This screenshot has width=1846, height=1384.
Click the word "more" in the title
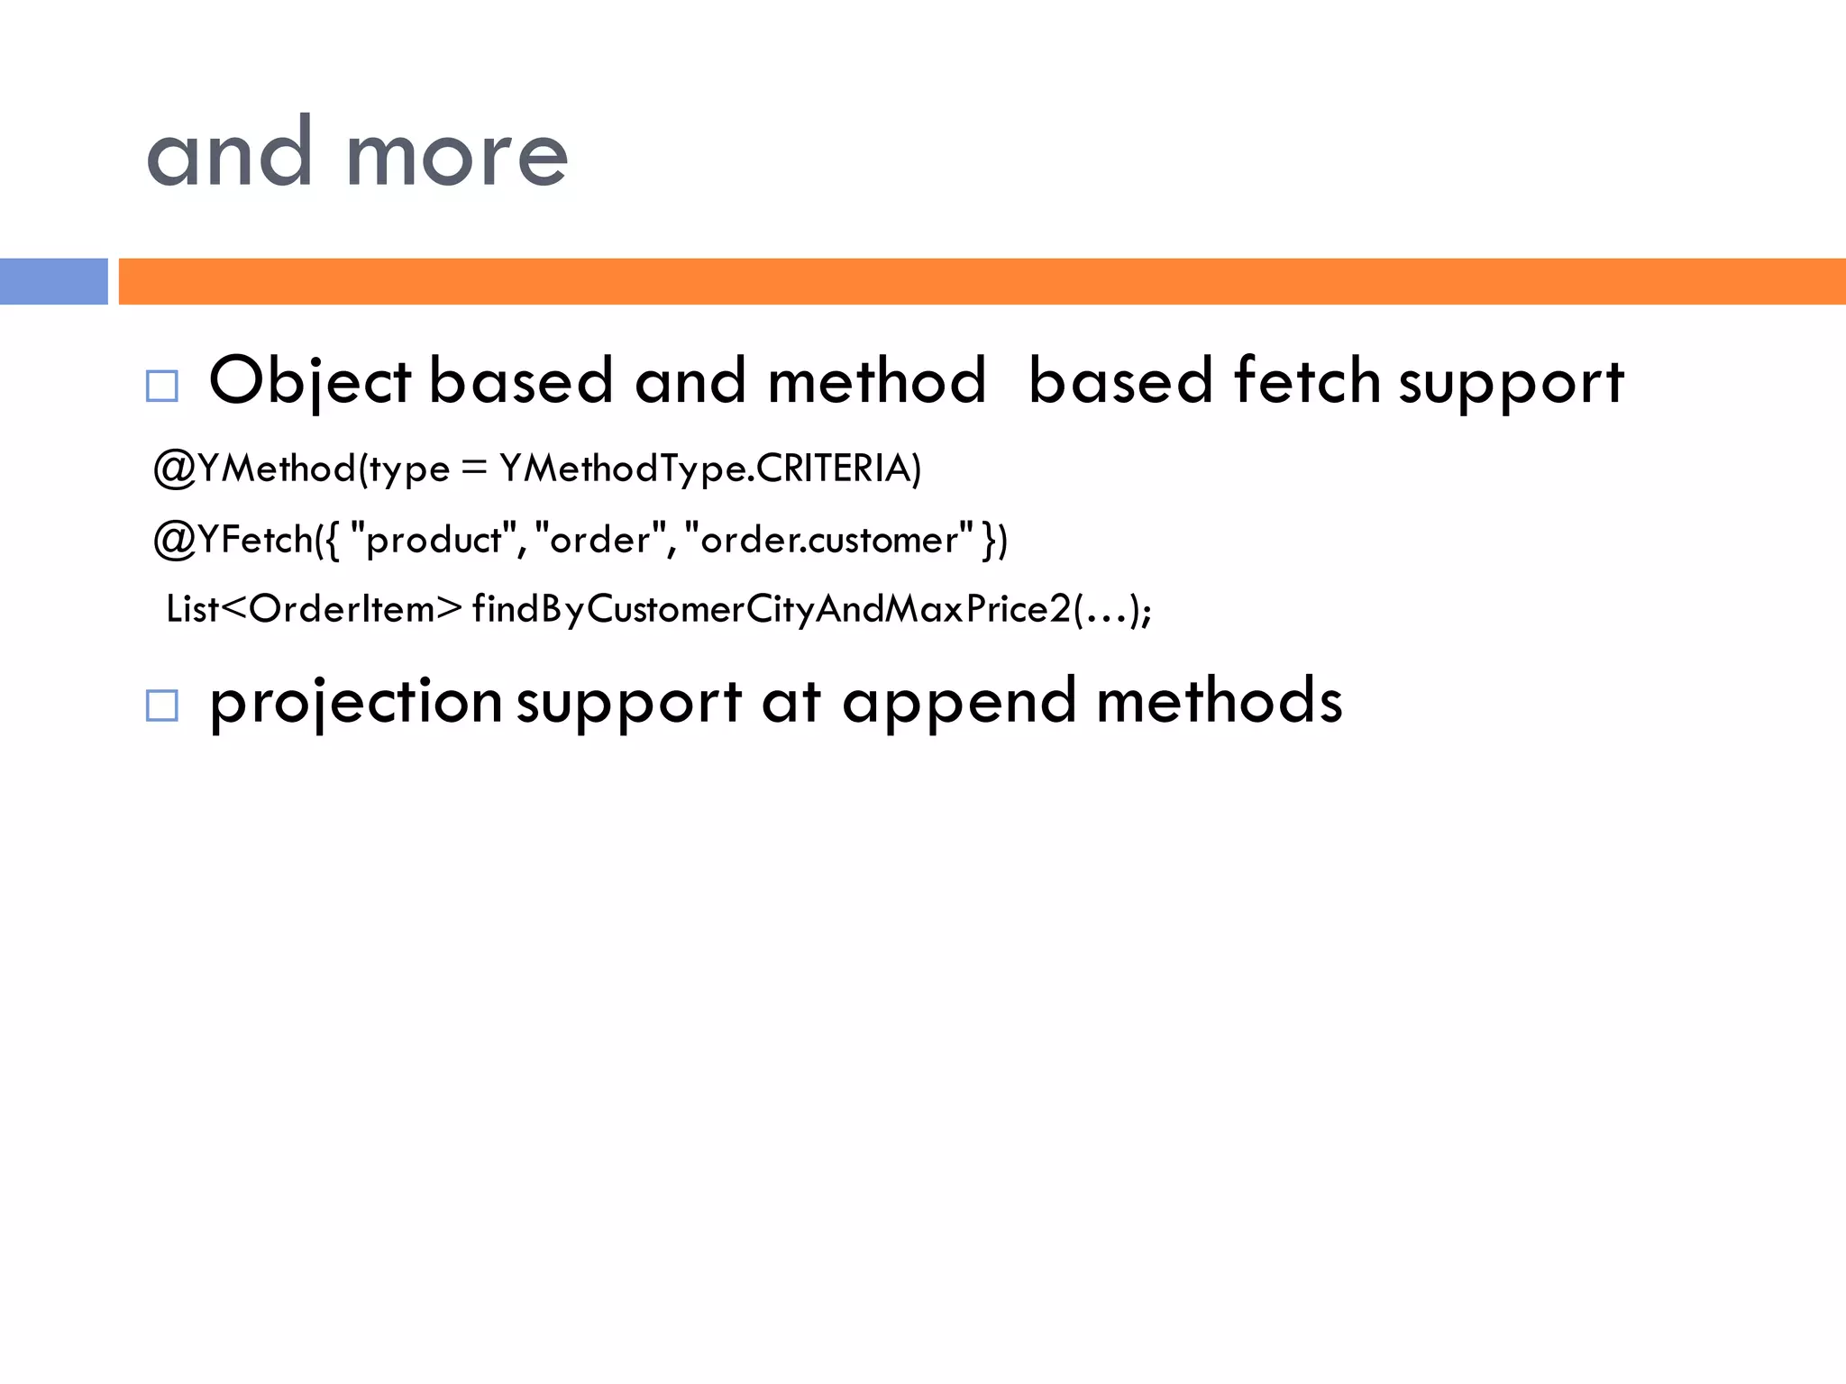point(457,156)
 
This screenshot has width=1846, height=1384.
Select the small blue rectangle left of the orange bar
point(53,281)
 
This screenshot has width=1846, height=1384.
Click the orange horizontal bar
point(982,281)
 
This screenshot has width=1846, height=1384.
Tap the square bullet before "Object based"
point(162,387)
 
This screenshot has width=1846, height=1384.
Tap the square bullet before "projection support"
point(162,706)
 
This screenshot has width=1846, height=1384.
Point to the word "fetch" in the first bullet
point(1307,380)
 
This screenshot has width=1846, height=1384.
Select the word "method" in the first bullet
point(877,380)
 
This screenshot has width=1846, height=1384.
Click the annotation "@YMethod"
point(254,469)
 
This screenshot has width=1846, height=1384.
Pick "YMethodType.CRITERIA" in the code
point(710,469)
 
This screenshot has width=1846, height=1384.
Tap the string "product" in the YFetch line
point(434,540)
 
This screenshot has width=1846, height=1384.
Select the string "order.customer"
point(829,540)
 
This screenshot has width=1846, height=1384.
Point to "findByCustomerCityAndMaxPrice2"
point(772,609)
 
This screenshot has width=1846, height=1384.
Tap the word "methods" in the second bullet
point(1220,701)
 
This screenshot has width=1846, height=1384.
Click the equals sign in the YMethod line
point(474,469)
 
